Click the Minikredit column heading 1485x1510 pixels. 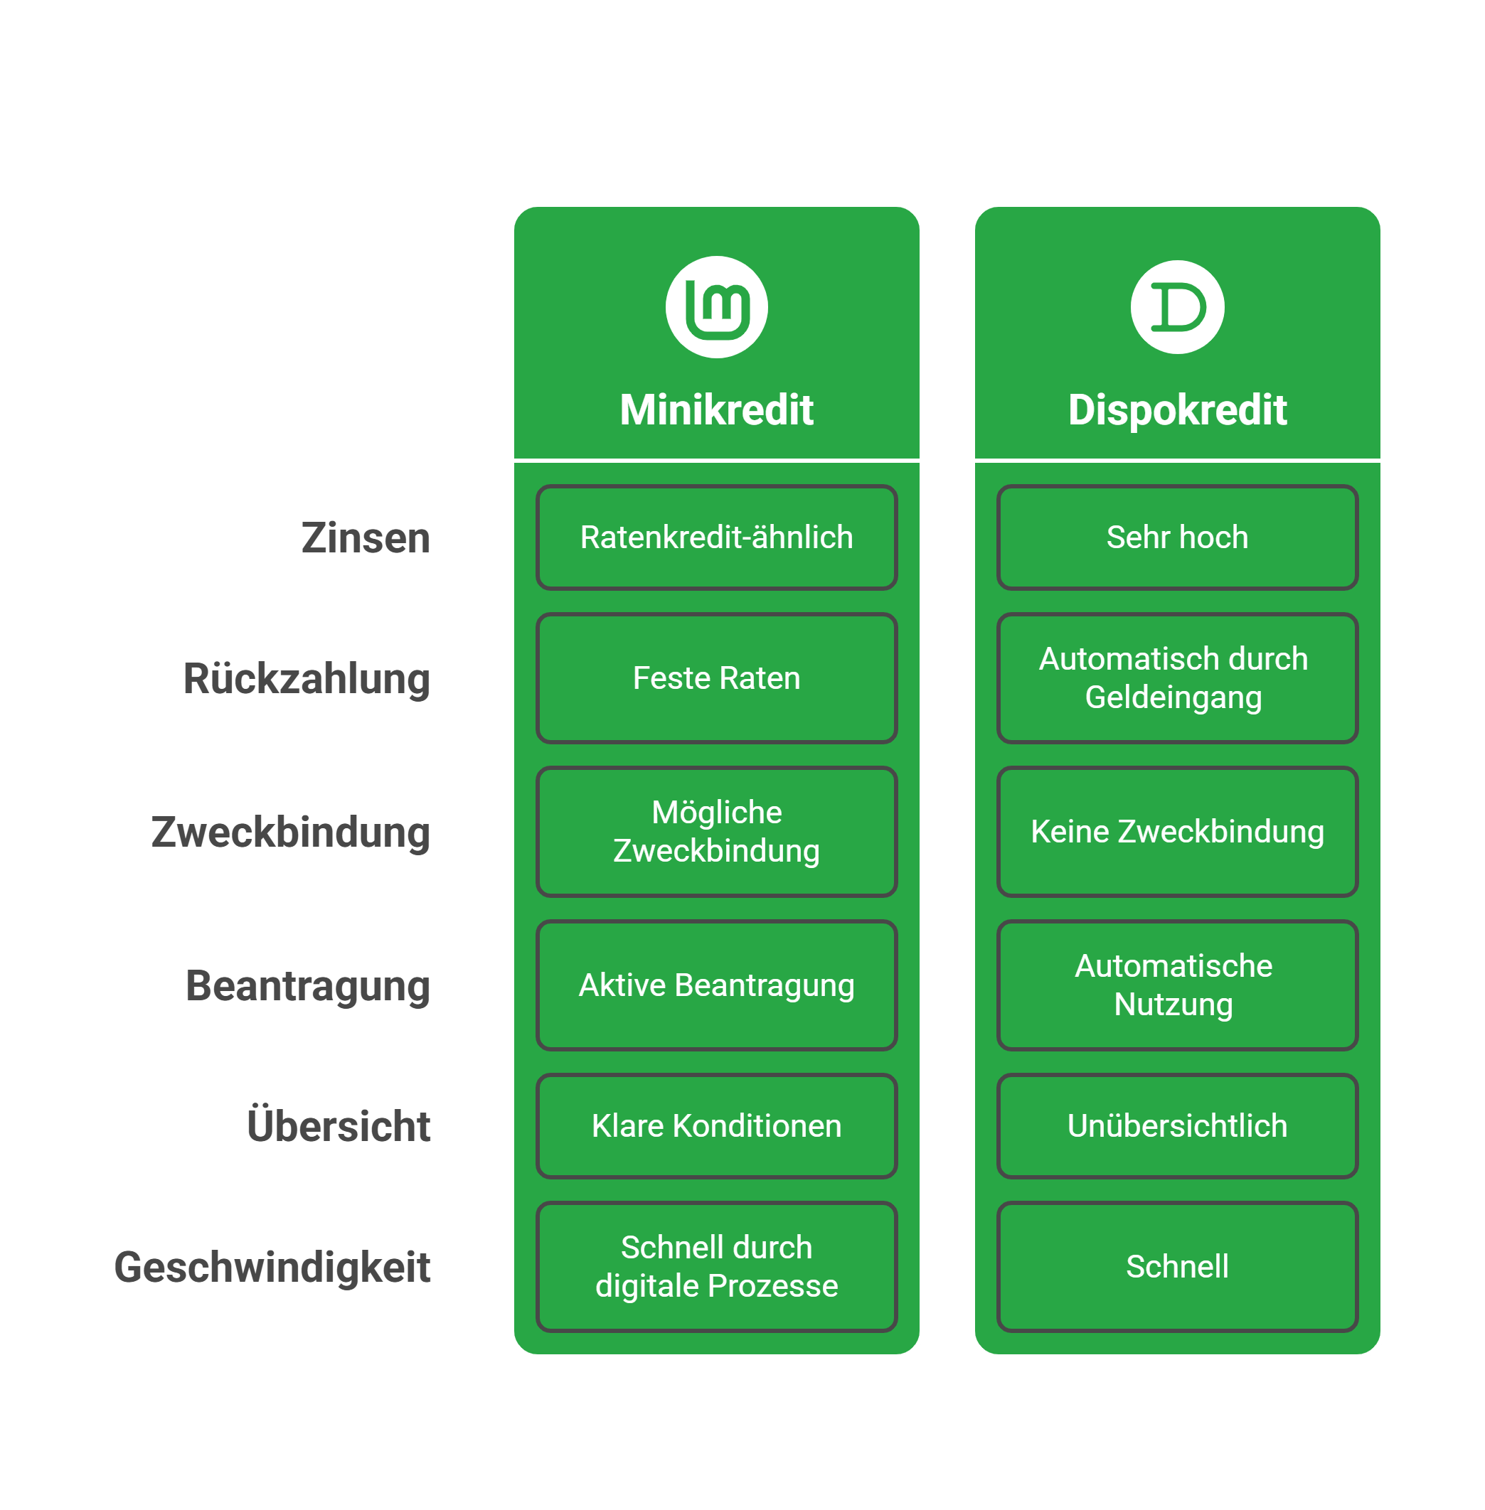716,410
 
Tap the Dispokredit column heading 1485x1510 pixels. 1177,410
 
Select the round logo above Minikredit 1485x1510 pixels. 716,307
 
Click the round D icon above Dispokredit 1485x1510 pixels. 1177,307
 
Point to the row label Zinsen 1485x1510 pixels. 365,538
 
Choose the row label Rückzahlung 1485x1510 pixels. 307,678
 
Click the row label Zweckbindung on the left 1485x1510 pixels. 290,832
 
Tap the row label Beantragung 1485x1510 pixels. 307,985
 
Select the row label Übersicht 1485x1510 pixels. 339,1125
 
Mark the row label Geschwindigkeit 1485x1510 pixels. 272,1267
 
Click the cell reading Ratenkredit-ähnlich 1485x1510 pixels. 716,538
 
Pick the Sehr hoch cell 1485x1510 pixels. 1177,538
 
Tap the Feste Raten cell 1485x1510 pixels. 716,678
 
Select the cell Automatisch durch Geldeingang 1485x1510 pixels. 1177,678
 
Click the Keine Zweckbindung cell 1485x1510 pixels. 1177,832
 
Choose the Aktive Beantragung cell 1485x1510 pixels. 716,985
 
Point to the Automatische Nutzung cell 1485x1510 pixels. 1177,985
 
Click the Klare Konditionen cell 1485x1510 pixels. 716,1125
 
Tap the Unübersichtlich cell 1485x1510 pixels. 1177,1125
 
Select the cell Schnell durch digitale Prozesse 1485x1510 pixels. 716,1267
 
